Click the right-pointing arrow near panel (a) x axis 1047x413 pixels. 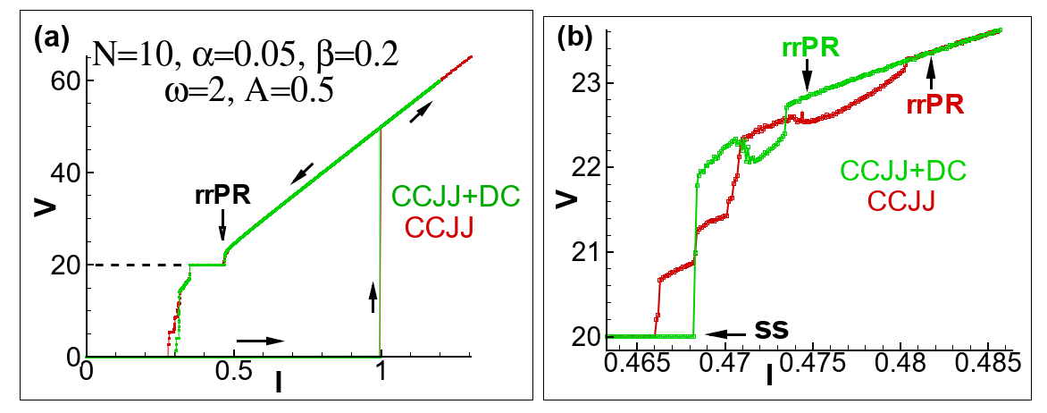click(x=260, y=341)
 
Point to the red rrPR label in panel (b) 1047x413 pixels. click(x=934, y=105)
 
